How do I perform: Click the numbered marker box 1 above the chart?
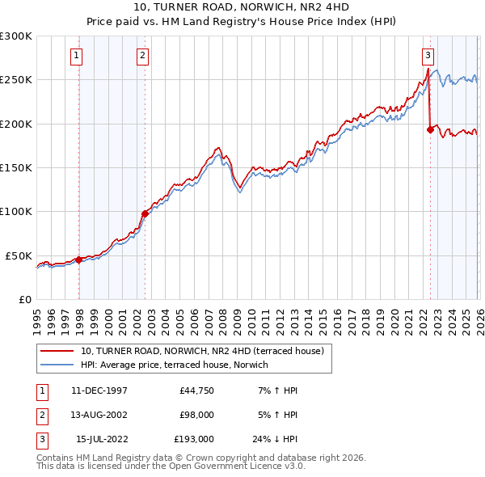tap(75, 56)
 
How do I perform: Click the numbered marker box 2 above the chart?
tap(141, 56)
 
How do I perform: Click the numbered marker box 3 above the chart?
tap(427, 56)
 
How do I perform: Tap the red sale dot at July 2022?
tap(429, 129)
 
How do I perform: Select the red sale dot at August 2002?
tap(145, 213)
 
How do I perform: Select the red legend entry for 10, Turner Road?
tap(202, 351)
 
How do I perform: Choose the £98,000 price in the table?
tap(196, 415)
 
